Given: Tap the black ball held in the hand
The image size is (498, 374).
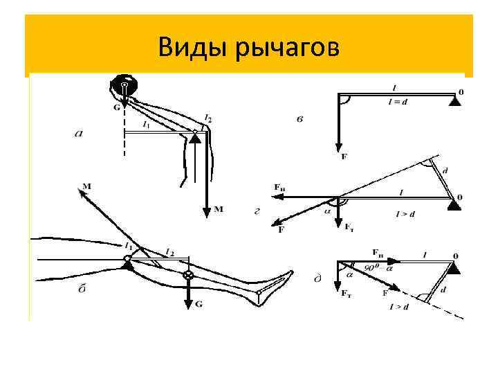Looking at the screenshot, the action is click(124, 86).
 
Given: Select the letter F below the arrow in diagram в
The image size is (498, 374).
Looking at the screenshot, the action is click(344, 157).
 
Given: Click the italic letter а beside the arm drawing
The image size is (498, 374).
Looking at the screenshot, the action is click(78, 134).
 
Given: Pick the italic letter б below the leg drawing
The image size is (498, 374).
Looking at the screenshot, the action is click(81, 292).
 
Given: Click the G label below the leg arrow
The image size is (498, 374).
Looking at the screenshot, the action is click(200, 303).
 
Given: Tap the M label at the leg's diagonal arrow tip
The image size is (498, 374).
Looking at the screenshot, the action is click(86, 186).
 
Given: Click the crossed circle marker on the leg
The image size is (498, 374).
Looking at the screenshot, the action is click(187, 276).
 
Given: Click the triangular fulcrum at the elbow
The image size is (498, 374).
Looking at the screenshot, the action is click(195, 139).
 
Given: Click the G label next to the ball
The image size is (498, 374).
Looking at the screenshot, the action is click(116, 107).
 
